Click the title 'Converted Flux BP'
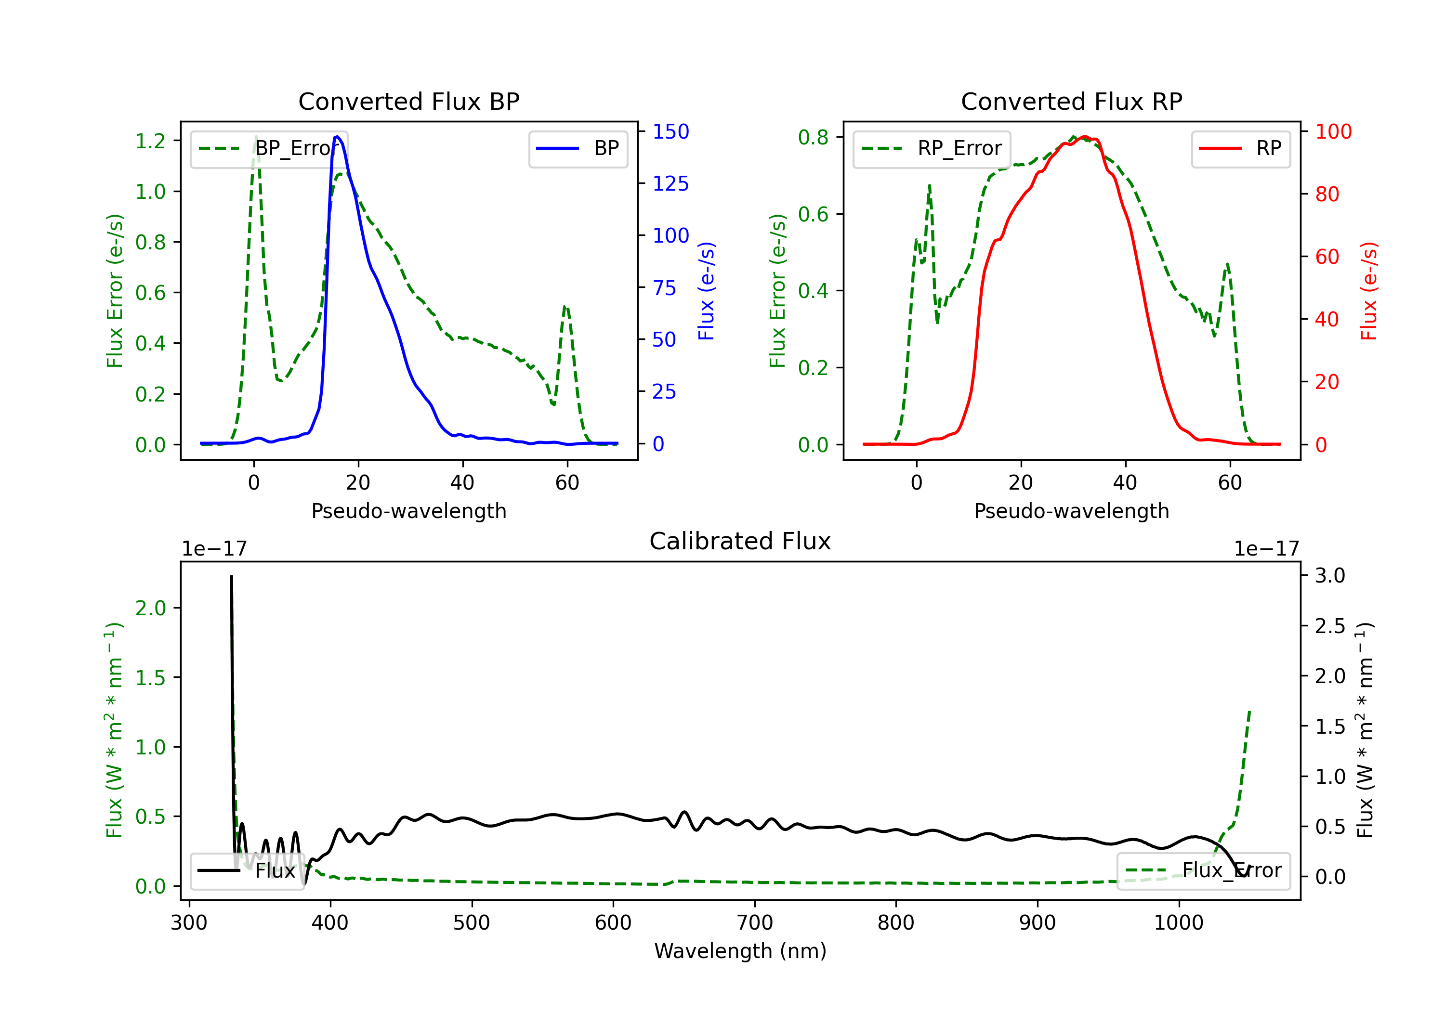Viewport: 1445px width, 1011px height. point(408,101)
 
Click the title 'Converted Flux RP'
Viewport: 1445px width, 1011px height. point(1071,101)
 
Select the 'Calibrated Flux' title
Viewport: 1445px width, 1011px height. point(740,541)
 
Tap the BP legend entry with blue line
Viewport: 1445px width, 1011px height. point(578,148)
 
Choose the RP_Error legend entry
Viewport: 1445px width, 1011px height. point(932,148)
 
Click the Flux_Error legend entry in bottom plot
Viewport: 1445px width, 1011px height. point(1203,871)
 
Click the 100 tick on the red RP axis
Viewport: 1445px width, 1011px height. point(1333,131)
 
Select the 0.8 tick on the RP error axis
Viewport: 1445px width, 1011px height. point(813,137)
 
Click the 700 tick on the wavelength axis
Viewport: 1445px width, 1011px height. point(755,923)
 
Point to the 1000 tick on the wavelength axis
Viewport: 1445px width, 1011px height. point(1179,923)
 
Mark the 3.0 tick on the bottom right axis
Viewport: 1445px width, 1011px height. point(1330,575)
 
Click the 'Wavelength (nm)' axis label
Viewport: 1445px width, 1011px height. point(740,951)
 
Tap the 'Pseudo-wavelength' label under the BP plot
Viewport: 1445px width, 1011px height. point(408,511)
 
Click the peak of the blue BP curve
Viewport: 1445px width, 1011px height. point(337,137)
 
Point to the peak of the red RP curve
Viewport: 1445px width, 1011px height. point(1084,137)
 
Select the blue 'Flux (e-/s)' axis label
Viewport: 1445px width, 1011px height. point(706,291)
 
